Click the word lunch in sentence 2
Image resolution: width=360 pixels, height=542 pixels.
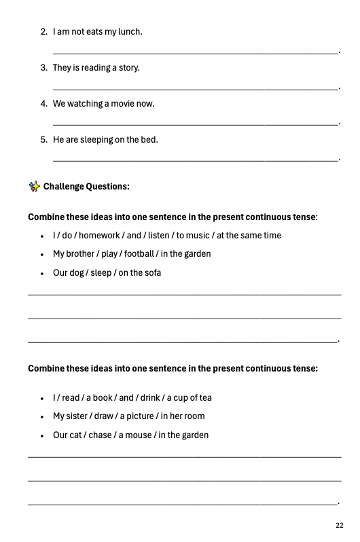pyautogui.click(x=130, y=32)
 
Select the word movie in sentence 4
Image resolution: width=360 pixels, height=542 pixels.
pyautogui.click(x=122, y=104)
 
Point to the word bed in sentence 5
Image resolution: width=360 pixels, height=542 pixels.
pyautogui.click(x=149, y=140)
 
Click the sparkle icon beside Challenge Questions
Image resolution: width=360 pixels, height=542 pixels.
pyautogui.click(x=34, y=186)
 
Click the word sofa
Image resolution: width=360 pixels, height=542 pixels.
pyautogui.click(x=152, y=273)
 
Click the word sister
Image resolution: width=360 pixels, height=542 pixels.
pyautogui.click(x=81, y=416)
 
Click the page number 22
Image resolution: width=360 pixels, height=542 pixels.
pyautogui.click(x=339, y=525)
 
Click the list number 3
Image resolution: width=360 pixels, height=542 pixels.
pyautogui.click(x=43, y=68)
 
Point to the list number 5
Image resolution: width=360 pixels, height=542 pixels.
pyautogui.click(x=43, y=140)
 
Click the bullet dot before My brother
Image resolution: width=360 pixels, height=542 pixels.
pyautogui.click(x=41, y=255)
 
